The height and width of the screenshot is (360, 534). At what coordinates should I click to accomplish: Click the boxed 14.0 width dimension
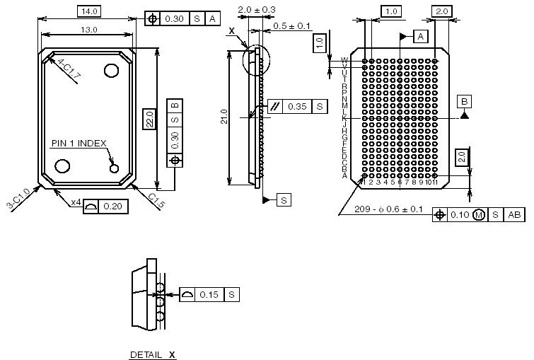89,11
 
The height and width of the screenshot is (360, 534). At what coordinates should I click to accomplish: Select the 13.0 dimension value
89,30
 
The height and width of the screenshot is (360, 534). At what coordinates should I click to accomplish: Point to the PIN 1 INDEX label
78,144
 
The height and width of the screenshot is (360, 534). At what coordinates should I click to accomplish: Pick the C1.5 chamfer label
157,201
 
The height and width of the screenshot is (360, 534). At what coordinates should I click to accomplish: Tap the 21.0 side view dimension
224,117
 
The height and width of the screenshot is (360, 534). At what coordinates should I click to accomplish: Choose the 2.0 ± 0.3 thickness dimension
257,9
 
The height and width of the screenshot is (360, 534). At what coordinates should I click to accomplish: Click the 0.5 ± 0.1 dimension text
292,26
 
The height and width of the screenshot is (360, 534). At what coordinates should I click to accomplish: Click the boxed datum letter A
421,36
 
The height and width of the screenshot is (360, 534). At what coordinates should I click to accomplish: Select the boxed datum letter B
464,101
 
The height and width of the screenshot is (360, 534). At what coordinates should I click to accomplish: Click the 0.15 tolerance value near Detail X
209,294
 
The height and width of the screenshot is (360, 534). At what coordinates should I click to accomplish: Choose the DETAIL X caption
152,354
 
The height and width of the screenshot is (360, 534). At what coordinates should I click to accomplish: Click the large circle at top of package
111,70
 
